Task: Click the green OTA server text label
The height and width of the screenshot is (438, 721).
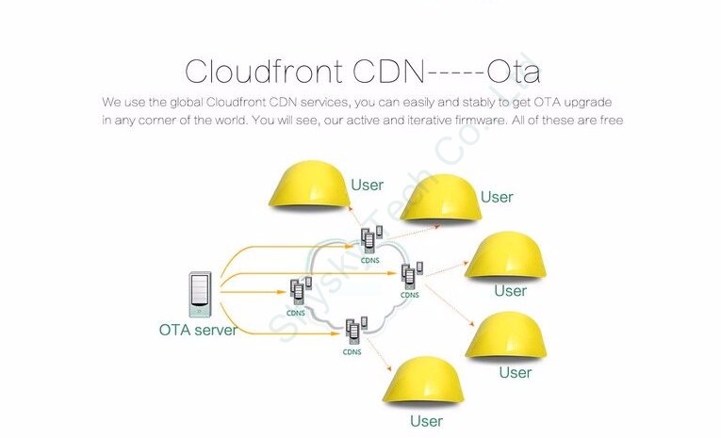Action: click(198, 330)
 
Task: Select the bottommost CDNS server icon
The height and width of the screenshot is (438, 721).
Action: click(352, 331)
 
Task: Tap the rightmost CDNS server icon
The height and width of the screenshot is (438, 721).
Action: click(410, 275)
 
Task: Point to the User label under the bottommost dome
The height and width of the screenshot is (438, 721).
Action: click(426, 421)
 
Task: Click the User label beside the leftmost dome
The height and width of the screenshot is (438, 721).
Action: click(367, 186)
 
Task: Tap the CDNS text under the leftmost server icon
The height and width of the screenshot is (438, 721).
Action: click(296, 313)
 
